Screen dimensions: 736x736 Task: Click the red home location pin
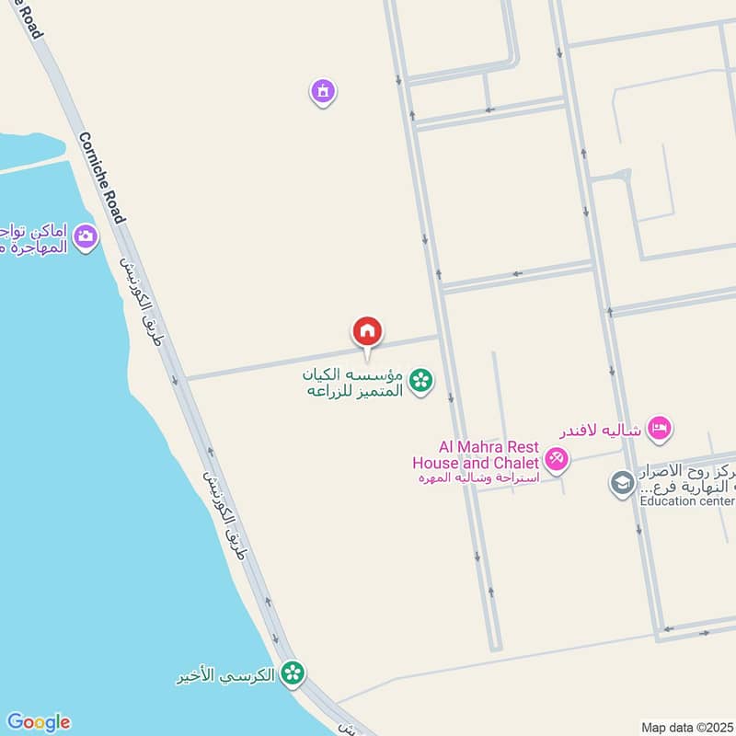pyautogui.click(x=367, y=332)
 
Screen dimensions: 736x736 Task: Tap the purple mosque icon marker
pyautogui.click(x=322, y=91)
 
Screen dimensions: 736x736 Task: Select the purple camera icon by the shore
pyautogui.click(x=86, y=237)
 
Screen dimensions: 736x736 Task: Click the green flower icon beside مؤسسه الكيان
pyautogui.click(x=420, y=379)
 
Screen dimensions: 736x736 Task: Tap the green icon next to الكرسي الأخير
pyautogui.click(x=293, y=674)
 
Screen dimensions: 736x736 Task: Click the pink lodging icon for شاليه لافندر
pyautogui.click(x=659, y=428)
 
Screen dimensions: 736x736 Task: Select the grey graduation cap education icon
pyautogui.click(x=623, y=484)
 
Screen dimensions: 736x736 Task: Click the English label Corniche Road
pyautogui.click(x=101, y=178)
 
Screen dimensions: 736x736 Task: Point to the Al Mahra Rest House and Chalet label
pyautogui.click(x=476, y=455)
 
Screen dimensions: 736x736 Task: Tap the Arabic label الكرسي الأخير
pyautogui.click(x=226, y=675)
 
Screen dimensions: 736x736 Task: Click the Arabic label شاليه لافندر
pyautogui.click(x=600, y=430)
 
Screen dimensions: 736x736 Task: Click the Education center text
pyautogui.click(x=687, y=500)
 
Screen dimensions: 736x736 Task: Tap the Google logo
pyautogui.click(x=38, y=722)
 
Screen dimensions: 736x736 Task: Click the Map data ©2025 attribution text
pyautogui.click(x=685, y=727)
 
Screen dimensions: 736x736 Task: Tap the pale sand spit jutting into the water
pyautogui.click(x=32, y=164)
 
